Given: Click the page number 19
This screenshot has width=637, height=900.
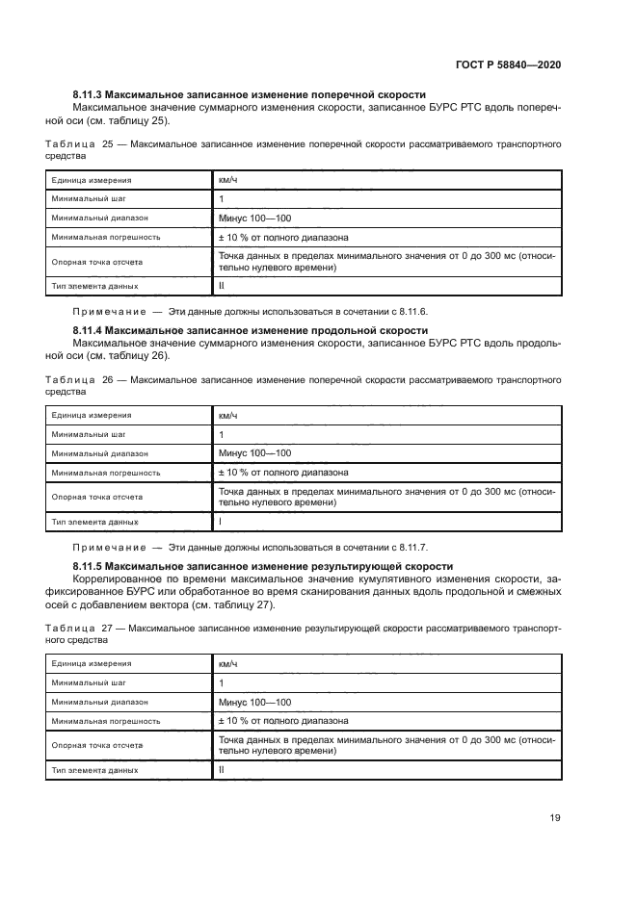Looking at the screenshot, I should (x=554, y=818).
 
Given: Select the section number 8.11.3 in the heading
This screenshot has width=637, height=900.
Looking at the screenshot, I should (x=87, y=96).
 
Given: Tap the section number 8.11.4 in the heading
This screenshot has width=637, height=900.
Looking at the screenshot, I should (x=87, y=330).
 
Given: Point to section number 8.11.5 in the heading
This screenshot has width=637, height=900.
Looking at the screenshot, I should (x=87, y=566).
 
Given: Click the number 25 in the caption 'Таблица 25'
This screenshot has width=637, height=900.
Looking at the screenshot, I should (x=108, y=144).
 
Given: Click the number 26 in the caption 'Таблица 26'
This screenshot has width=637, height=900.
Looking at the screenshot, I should (x=108, y=380).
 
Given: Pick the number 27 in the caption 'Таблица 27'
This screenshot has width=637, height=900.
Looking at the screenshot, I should (x=108, y=628).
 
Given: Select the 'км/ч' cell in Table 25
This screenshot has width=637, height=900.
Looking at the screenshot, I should (x=227, y=180).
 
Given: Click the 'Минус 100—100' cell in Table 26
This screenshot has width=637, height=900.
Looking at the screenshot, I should (x=254, y=452).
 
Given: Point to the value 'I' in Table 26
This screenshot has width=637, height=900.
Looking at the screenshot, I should (x=220, y=522).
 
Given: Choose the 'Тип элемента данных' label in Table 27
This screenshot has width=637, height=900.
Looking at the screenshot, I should (x=95, y=770).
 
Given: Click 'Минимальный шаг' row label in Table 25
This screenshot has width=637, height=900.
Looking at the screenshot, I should (x=89, y=199).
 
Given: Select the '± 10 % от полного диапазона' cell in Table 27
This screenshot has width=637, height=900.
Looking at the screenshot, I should (x=283, y=720).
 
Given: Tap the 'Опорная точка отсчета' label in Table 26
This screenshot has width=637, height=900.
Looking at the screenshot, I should (x=97, y=497).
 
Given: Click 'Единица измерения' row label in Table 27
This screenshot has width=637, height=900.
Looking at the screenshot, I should (x=92, y=663).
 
